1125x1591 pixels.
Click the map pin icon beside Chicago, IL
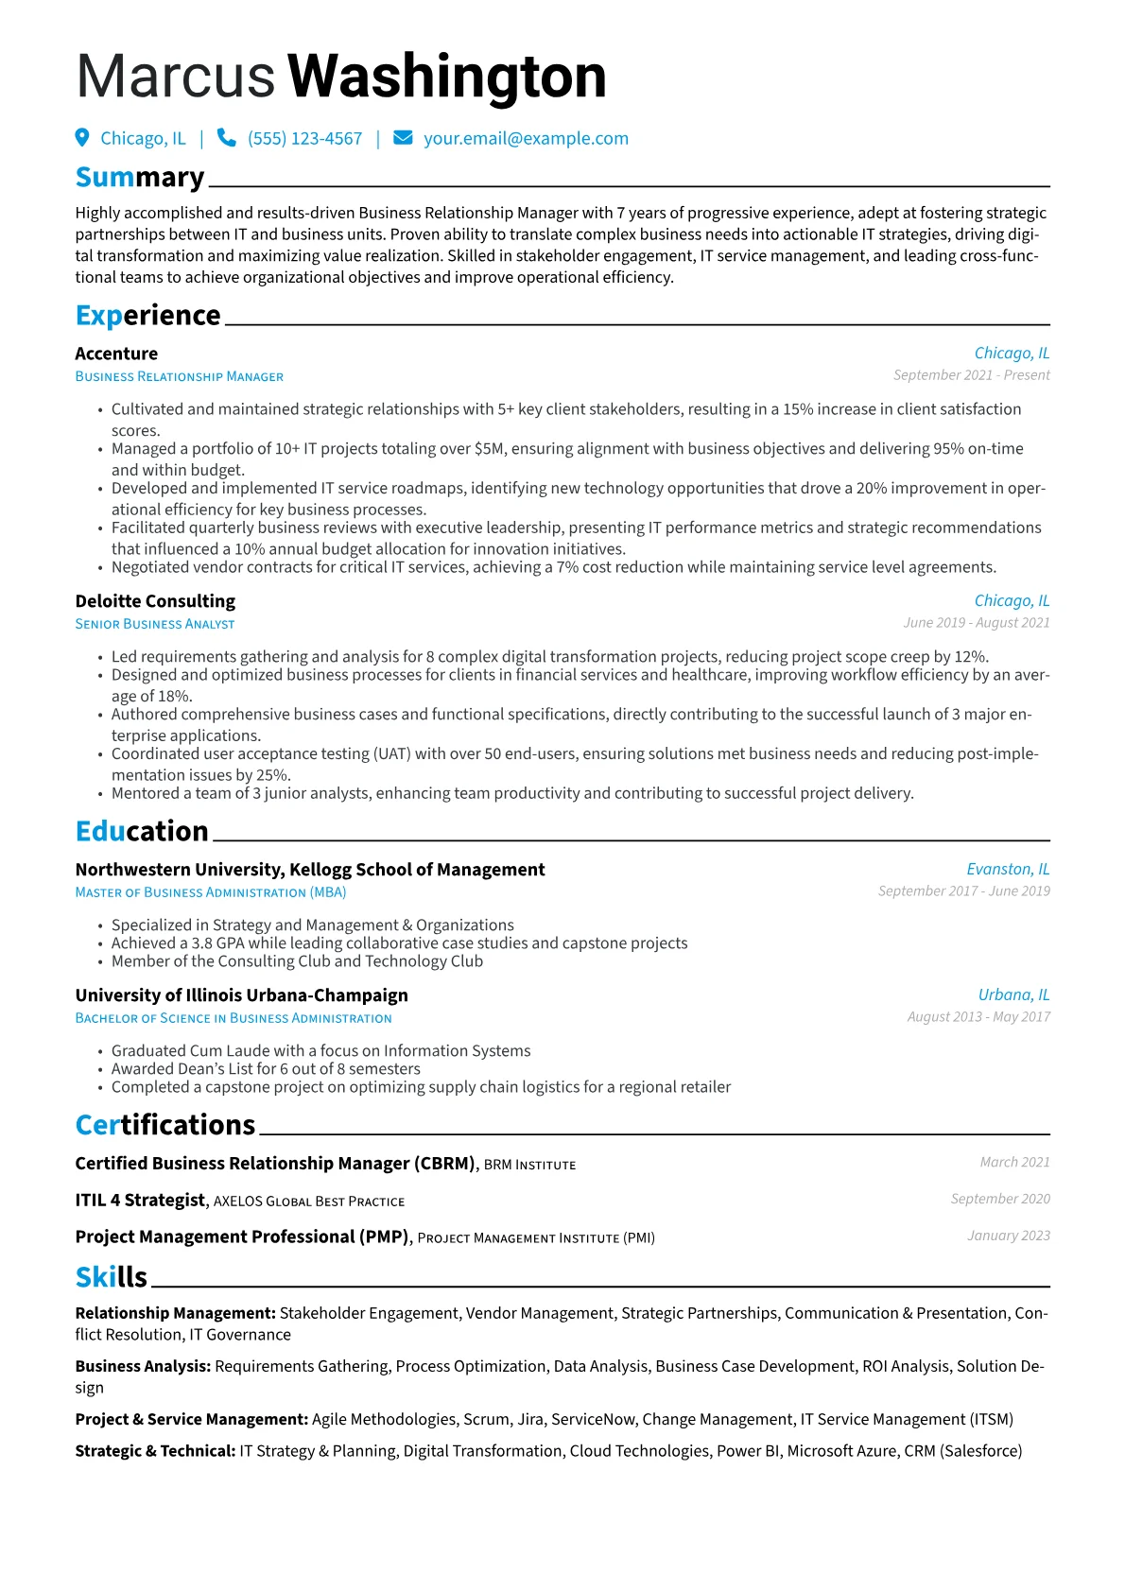82,138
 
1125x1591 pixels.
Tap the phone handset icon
227,138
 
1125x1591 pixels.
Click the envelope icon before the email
403,138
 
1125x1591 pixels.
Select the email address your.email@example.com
526,139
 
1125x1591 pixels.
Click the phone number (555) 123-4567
304,139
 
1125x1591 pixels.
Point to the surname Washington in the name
446,77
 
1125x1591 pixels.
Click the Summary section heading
140,178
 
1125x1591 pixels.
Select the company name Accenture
116,354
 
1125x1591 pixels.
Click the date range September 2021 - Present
971,375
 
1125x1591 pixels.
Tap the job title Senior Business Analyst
155,624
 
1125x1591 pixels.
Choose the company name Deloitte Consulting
155,601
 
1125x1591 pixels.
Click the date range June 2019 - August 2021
976,623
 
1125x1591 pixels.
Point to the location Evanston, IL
1008,870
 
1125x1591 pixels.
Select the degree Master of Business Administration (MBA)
211,892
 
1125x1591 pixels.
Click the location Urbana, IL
1013,995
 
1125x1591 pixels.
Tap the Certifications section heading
165,1125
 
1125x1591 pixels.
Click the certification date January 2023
1008,1236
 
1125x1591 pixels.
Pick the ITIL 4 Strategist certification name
140,1201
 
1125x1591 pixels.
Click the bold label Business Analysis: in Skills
143,1367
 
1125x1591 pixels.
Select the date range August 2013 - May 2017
978,1017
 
